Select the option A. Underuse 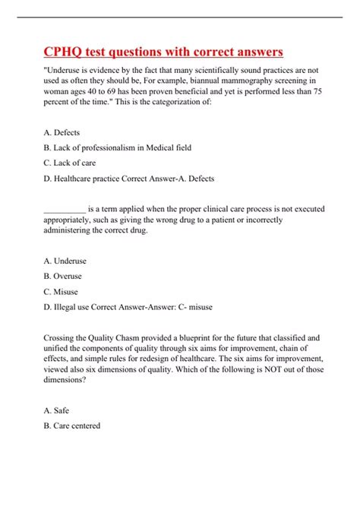pyautogui.click(x=66, y=260)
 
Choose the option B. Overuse pyautogui.click(x=63, y=276)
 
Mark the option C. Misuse pyautogui.click(x=61, y=291)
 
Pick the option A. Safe pyautogui.click(x=58, y=410)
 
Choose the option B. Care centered pyautogui.click(x=72, y=426)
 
